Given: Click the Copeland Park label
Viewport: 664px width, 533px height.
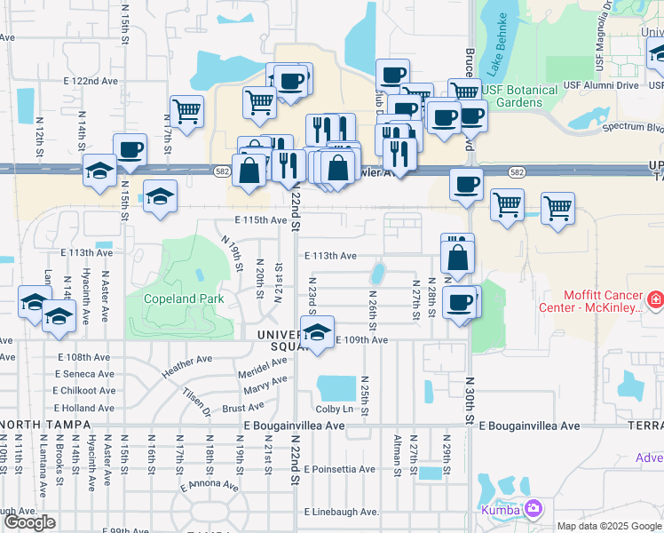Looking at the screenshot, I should point(185,299).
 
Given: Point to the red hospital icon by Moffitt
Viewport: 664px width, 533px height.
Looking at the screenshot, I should point(656,301).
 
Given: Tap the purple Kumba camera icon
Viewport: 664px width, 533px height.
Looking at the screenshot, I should point(534,509).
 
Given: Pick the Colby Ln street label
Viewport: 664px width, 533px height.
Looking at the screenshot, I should point(335,409).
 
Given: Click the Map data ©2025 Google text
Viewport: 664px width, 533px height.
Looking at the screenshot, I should point(608,526).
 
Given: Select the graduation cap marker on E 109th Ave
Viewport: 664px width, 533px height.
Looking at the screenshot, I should point(316,332).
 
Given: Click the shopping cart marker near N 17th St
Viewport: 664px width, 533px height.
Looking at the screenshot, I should point(186,111).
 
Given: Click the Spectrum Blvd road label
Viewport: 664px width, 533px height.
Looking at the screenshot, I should point(632,126).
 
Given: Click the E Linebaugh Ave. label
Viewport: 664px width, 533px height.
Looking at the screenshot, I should point(342,513).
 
